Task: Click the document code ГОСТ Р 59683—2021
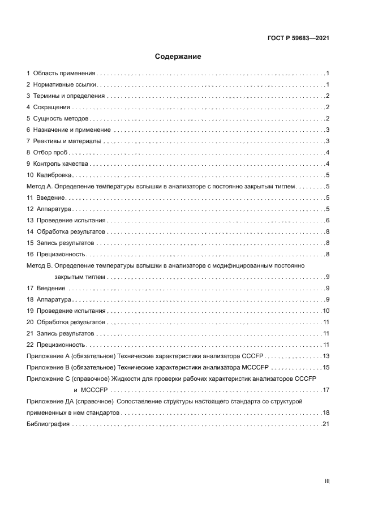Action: pos(298,38)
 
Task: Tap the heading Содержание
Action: pos(178,57)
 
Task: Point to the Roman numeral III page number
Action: pos(327,481)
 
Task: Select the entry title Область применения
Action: pos(64,74)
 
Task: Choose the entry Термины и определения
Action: pos(69,96)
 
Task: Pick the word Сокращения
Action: pos(51,107)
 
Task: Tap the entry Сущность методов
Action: pos(61,119)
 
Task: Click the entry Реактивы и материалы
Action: pos(67,141)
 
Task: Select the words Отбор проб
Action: pos(50,152)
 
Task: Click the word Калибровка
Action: pos(54,175)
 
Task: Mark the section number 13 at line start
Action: pos(31,220)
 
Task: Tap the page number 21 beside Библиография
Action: pos(326,424)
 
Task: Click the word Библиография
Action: pos(48,424)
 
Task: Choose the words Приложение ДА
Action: pos(54,401)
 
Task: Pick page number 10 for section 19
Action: pos(326,311)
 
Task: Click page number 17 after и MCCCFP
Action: pos(326,390)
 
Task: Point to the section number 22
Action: pos(31,345)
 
